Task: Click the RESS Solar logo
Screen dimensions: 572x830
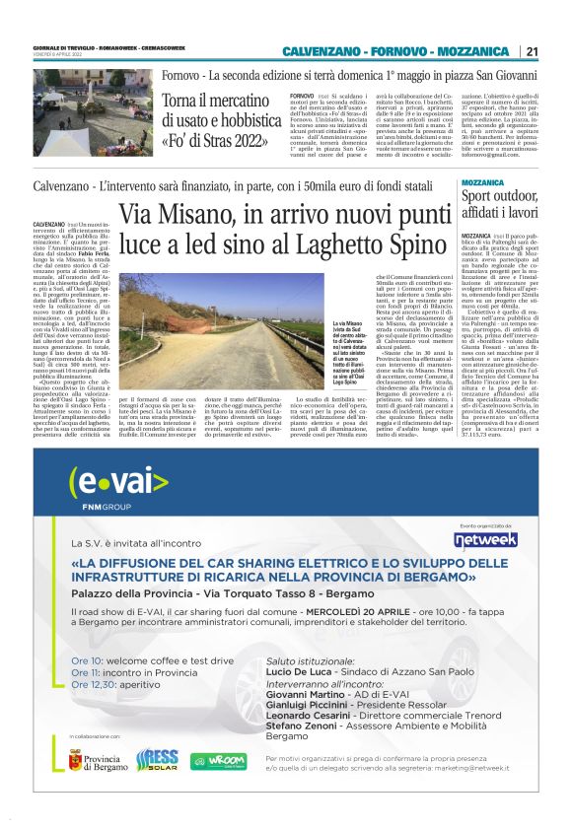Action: point(157,759)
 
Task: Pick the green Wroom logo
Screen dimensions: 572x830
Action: point(218,761)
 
